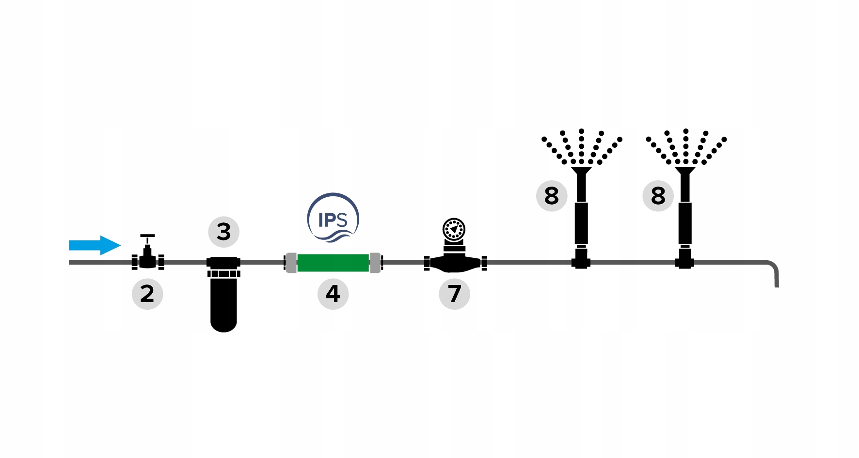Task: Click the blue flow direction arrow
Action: (x=95, y=245)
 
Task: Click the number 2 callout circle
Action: (x=147, y=294)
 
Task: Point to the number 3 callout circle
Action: (x=223, y=232)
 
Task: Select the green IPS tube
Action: (x=333, y=263)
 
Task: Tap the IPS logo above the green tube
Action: (x=333, y=218)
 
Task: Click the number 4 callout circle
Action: (x=333, y=294)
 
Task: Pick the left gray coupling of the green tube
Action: (x=291, y=263)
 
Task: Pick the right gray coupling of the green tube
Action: (x=376, y=263)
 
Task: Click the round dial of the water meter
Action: (x=454, y=229)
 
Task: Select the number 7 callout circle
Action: (x=454, y=294)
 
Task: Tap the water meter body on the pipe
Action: (x=455, y=263)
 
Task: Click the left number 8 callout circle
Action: (x=552, y=196)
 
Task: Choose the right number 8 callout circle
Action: (x=658, y=196)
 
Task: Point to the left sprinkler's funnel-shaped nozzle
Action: (x=581, y=171)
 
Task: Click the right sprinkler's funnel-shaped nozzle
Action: (x=685, y=171)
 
